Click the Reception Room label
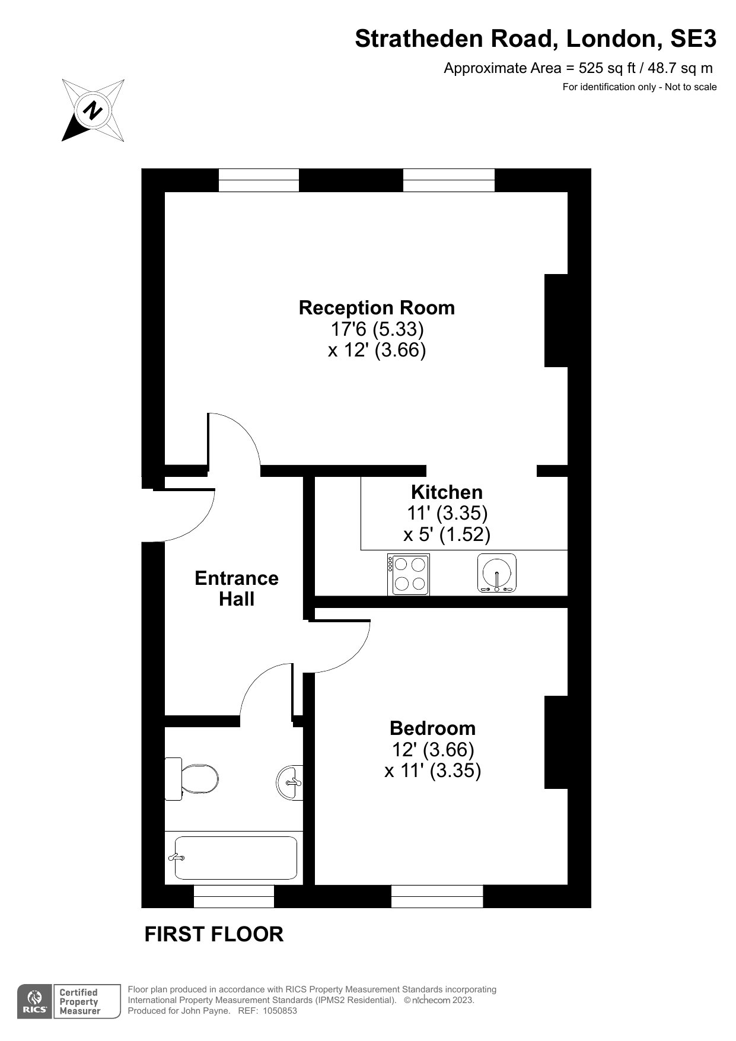coord(377,307)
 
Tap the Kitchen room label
coord(447,492)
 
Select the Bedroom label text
coord(432,728)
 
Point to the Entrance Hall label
coord(237,588)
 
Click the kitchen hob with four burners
coord(409,574)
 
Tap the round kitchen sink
coord(497,574)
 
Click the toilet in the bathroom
coord(192,778)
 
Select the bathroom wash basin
coord(290,783)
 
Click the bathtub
coord(236,858)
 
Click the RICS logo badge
coord(35,1002)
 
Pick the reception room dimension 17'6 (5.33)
coord(377,328)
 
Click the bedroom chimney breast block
coord(556,742)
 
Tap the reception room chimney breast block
coord(556,320)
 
